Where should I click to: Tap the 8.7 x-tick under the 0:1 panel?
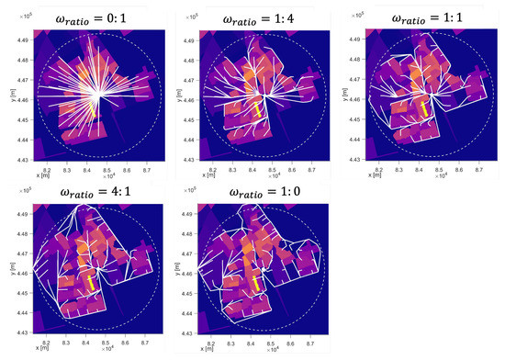coord(146,170)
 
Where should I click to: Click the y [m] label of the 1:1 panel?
coord(342,96)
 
